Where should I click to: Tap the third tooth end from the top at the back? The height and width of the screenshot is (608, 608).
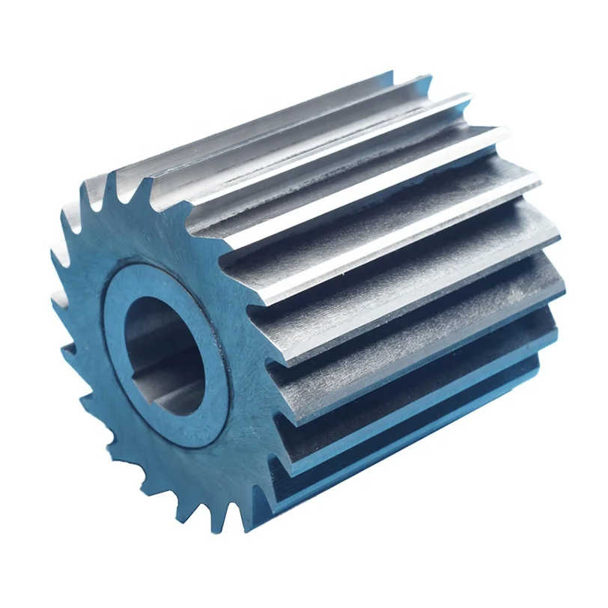click(468, 97)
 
